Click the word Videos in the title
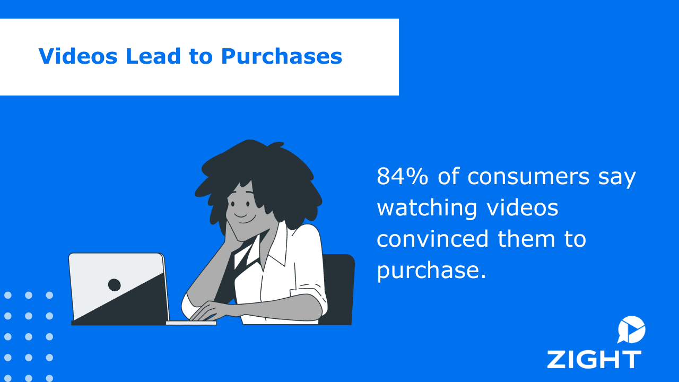(x=78, y=56)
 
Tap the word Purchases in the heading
(x=282, y=56)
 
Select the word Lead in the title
(x=153, y=56)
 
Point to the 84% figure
(x=402, y=176)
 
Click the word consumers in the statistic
(x=528, y=177)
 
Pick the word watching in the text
(x=427, y=209)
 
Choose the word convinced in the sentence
(x=432, y=239)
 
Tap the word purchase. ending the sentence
(x=431, y=271)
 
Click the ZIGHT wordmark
(x=594, y=360)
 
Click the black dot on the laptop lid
(x=114, y=285)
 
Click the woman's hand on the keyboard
(x=206, y=311)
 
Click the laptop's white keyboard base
(x=191, y=323)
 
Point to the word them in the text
(x=526, y=239)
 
